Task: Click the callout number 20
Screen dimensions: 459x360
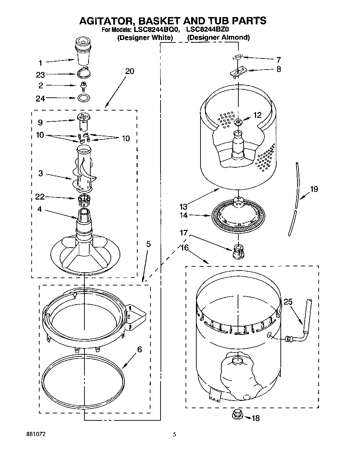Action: [129, 71]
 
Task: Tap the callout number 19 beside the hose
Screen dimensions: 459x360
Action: [314, 190]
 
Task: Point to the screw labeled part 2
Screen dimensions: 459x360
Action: [83, 86]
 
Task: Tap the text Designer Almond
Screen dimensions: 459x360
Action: [218, 38]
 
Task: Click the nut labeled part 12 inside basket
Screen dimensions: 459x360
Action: [238, 121]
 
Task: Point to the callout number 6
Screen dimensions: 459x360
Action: [139, 350]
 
